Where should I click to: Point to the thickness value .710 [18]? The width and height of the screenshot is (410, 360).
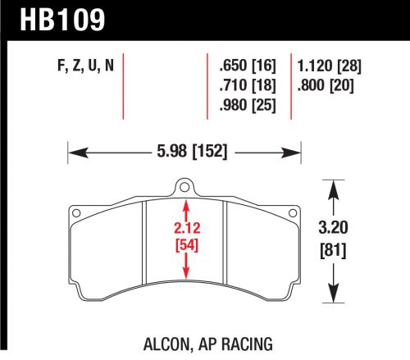click(x=248, y=85)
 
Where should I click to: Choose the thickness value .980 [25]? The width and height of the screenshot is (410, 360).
click(x=248, y=105)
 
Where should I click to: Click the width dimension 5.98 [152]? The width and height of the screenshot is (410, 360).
click(x=185, y=151)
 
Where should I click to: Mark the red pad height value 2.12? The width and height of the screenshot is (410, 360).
click(x=189, y=229)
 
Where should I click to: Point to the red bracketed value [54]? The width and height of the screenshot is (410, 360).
click(x=189, y=245)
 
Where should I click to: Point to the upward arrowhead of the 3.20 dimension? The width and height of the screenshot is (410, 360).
click(x=333, y=187)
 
